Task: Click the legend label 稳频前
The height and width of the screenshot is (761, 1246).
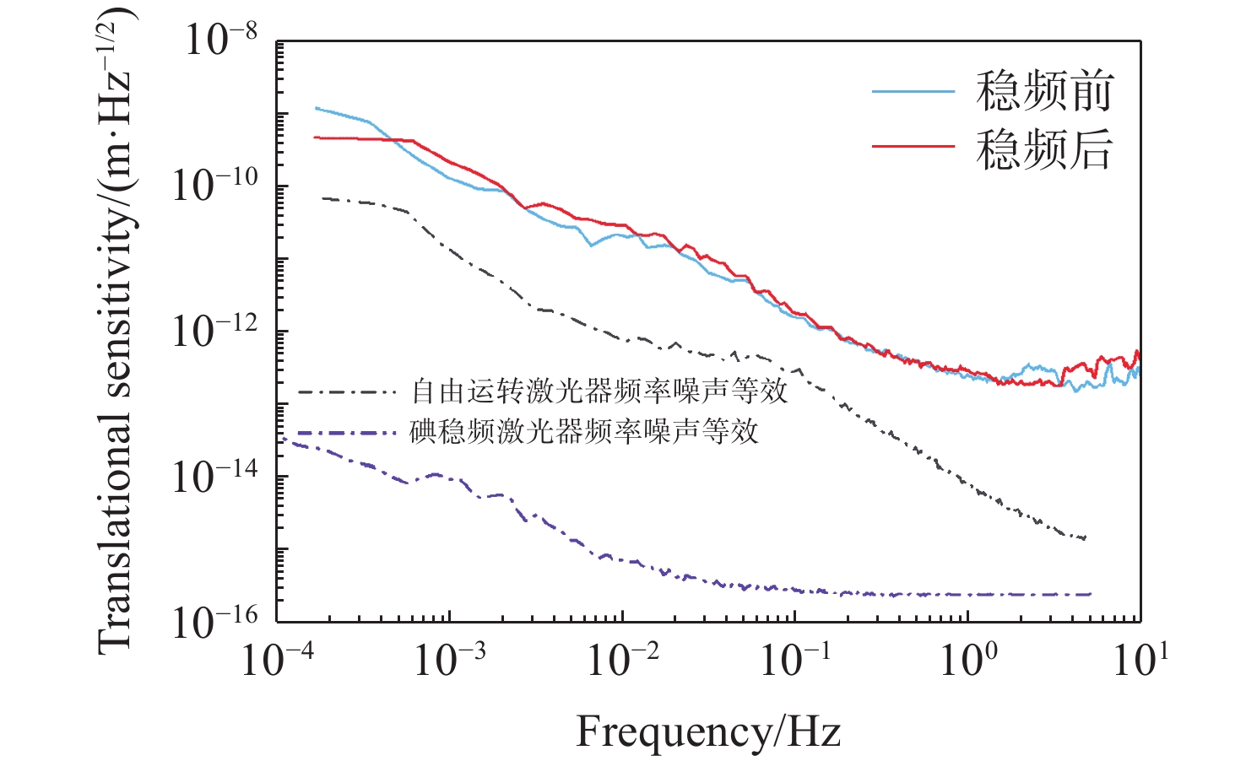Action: click(x=1044, y=91)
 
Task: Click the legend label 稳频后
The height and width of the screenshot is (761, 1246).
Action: click(x=1044, y=149)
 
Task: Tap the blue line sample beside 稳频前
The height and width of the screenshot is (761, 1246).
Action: click(x=913, y=91)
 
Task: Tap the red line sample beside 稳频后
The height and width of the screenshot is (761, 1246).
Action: click(x=913, y=147)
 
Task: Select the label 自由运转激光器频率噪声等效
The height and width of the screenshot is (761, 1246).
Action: click(x=599, y=391)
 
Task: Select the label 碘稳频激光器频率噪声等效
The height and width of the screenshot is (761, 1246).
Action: click(x=584, y=431)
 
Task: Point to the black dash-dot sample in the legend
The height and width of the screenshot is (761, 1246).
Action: click(x=347, y=392)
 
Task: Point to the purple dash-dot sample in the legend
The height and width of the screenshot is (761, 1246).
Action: click(x=347, y=433)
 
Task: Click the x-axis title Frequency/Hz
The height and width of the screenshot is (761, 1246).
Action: click(x=708, y=731)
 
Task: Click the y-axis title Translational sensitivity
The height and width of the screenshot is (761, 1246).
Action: click(x=116, y=329)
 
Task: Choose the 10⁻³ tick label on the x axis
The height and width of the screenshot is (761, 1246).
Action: click(x=449, y=658)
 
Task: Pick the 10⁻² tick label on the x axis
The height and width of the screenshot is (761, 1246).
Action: click(x=622, y=658)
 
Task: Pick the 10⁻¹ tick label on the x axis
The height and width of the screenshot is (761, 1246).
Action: click(x=794, y=658)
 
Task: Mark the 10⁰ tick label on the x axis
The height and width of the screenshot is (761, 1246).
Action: click(x=968, y=658)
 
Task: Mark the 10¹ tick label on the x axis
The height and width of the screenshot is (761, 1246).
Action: click(x=1140, y=658)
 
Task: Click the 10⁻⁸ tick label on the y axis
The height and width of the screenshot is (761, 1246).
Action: click(x=221, y=39)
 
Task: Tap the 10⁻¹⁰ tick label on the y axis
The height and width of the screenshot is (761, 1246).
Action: click(x=214, y=184)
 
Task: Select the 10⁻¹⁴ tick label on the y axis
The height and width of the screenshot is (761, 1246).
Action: click(x=214, y=476)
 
